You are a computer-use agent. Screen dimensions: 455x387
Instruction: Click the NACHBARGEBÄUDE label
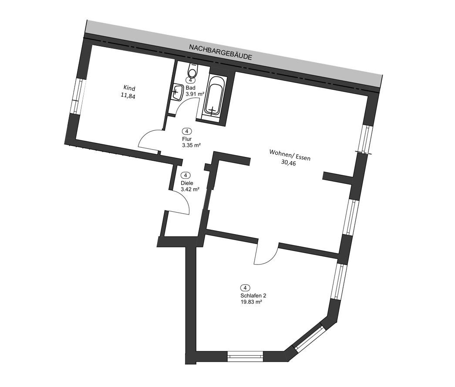[220, 52]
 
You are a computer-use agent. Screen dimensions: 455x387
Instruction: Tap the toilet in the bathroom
[192, 69]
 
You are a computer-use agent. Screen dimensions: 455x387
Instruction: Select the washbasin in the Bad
[177, 92]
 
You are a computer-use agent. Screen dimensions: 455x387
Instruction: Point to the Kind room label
[129, 88]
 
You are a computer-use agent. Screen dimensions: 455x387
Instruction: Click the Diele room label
[187, 183]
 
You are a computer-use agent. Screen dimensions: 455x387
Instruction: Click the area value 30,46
[289, 163]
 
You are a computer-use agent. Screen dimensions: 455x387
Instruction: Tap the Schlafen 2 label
[253, 296]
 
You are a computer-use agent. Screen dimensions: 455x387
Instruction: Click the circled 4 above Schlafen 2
[245, 288]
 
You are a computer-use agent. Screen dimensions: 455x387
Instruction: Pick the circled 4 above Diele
[185, 175]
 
